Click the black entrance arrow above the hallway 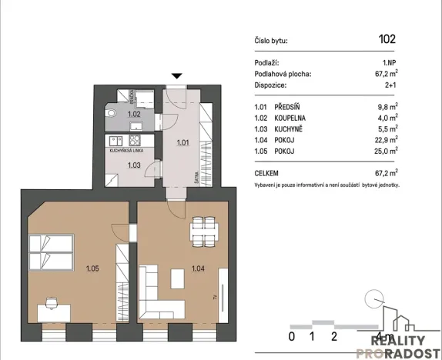(177, 75)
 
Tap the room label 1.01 (183, 142)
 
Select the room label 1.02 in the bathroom (134, 115)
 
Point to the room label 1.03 (134, 165)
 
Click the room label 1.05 (92, 268)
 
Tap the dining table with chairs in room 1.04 (203, 228)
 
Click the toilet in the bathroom (112, 112)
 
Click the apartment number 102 (387, 38)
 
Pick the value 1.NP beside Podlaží (388, 62)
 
